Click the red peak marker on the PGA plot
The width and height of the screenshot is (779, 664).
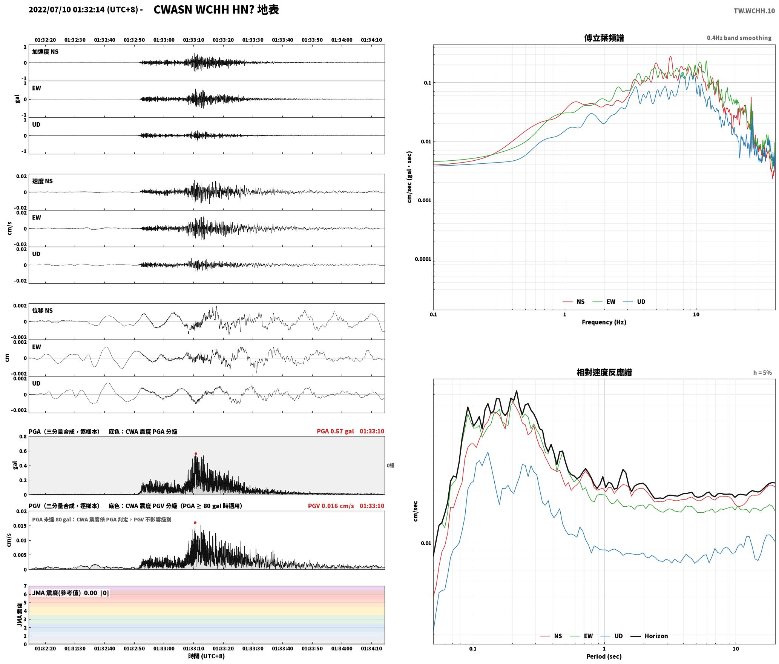tap(196, 453)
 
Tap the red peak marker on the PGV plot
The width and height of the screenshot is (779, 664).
tap(195, 523)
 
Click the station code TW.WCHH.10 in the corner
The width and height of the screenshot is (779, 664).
tap(754, 11)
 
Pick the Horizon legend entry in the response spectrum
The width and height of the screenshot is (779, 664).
tap(650, 636)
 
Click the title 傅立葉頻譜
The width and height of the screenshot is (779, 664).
tap(604, 38)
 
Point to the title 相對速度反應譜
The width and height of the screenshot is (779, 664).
tap(604, 372)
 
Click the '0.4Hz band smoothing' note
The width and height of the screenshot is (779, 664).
tap(739, 38)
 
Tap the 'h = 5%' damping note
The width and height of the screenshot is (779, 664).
tap(762, 373)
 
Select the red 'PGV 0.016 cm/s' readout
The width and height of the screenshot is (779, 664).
tap(331, 506)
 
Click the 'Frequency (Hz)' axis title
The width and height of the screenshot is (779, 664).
tap(604, 322)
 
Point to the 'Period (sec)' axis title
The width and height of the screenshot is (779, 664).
tap(604, 656)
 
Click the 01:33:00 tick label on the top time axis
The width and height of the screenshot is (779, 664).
tap(164, 40)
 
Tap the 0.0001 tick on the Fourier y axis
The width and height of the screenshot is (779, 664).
tap(423, 259)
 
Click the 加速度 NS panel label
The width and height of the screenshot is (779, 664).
tap(45, 52)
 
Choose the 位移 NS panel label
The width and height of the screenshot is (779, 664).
tap(42, 310)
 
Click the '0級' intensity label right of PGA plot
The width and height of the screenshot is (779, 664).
tap(390, 466)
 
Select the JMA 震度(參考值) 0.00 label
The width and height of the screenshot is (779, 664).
tap(71, 593)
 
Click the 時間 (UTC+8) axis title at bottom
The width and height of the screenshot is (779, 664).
tap(207, 656)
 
